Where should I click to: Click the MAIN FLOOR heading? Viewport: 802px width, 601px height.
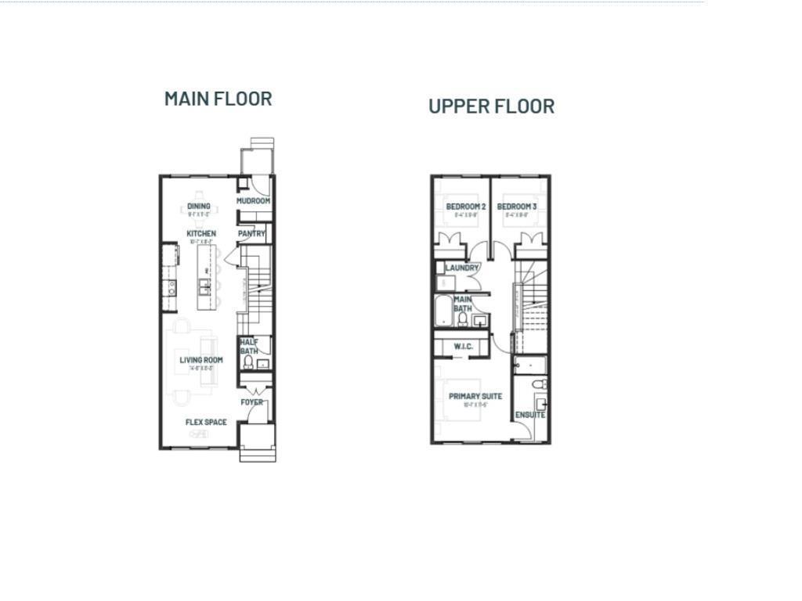pos(218,99)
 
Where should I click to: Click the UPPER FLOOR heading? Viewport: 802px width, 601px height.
pos(491,106)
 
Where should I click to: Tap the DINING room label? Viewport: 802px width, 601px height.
pos(199,207)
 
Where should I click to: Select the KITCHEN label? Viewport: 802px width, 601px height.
pos(201,234)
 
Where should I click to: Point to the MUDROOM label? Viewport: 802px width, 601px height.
pos(254,201)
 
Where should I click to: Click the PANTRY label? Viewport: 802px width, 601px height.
pos(252,234)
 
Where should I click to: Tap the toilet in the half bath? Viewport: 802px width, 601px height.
pos(248,362)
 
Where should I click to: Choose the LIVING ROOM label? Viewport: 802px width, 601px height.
pos(201,361)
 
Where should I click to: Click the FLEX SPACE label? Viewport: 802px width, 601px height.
pos(206,423)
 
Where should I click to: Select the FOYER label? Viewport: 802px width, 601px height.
pos(251,402)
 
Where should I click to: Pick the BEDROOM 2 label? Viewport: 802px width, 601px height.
pos(466,207)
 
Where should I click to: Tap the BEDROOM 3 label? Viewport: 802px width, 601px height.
pos(517,207)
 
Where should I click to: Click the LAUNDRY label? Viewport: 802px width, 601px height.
pos(462,268)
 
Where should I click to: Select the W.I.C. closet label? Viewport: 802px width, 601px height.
pos(463,347)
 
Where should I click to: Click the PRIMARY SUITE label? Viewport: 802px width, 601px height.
pos(475,397)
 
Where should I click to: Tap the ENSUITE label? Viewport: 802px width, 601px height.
pos(530,415)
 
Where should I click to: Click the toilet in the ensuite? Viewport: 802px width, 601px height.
pos(537,385)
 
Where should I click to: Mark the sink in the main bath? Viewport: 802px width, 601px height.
pos(479,320)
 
